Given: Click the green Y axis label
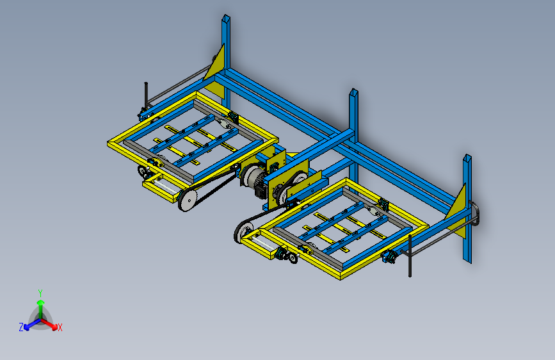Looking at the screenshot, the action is pos(40,293).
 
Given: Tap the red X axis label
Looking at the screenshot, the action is pos(60,328).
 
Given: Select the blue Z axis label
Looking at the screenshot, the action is pos(21,327).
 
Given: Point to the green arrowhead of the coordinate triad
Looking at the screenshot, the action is pos(41,302).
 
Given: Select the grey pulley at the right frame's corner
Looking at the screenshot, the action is pos(244,231).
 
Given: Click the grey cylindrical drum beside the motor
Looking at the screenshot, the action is pos(252,176).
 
